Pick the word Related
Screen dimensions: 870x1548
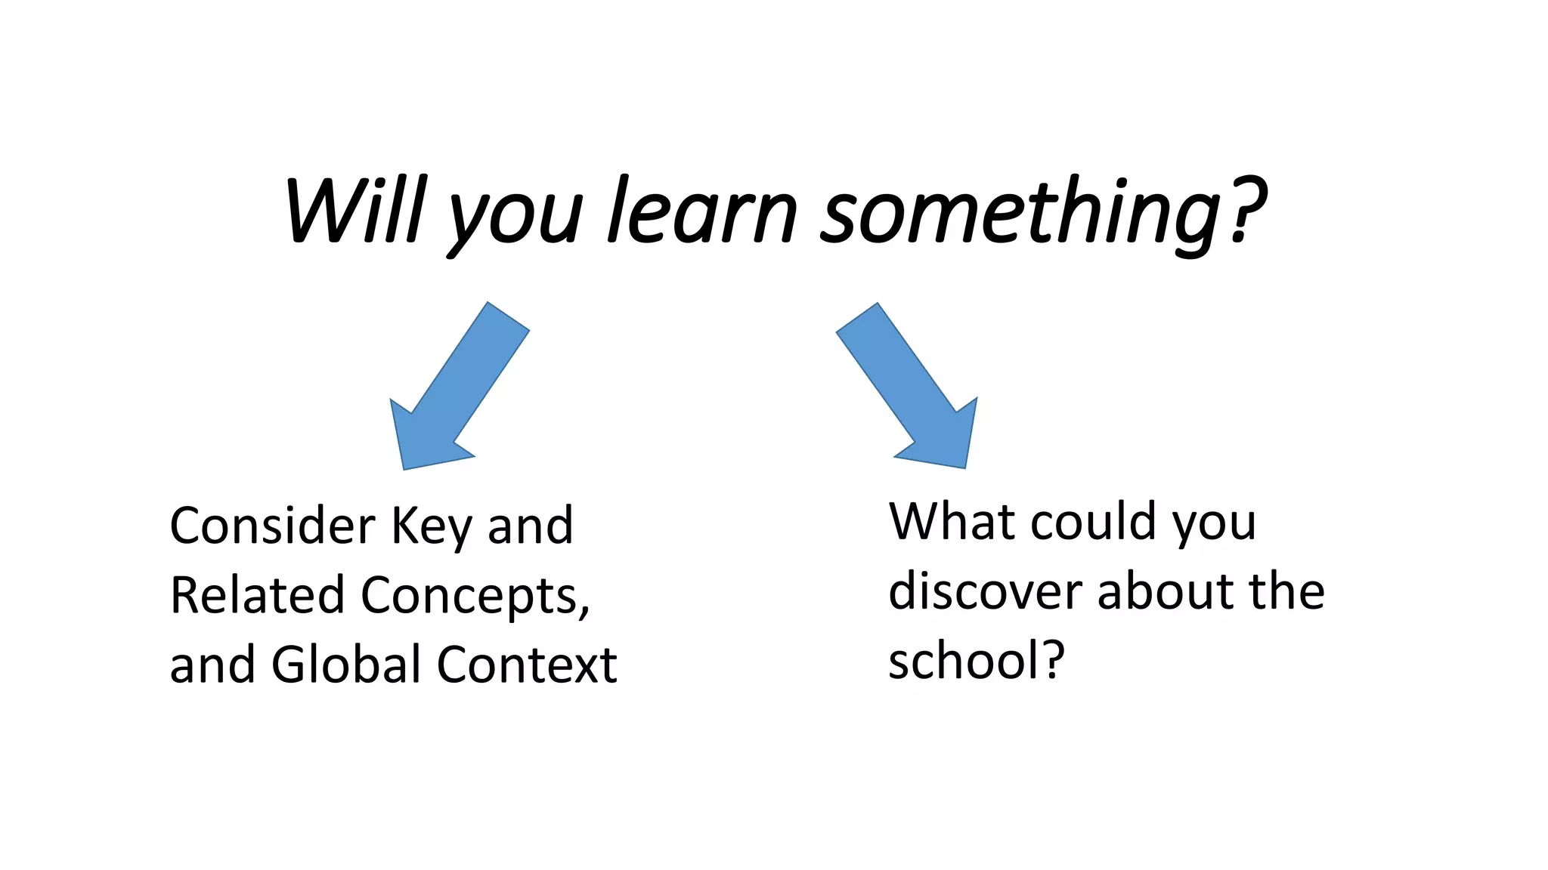click(x=257, y=595)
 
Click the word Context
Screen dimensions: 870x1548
click(x=527, y=665)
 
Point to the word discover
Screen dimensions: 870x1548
click(x=986, y=591)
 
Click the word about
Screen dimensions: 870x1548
click(x=1165, y=591)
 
